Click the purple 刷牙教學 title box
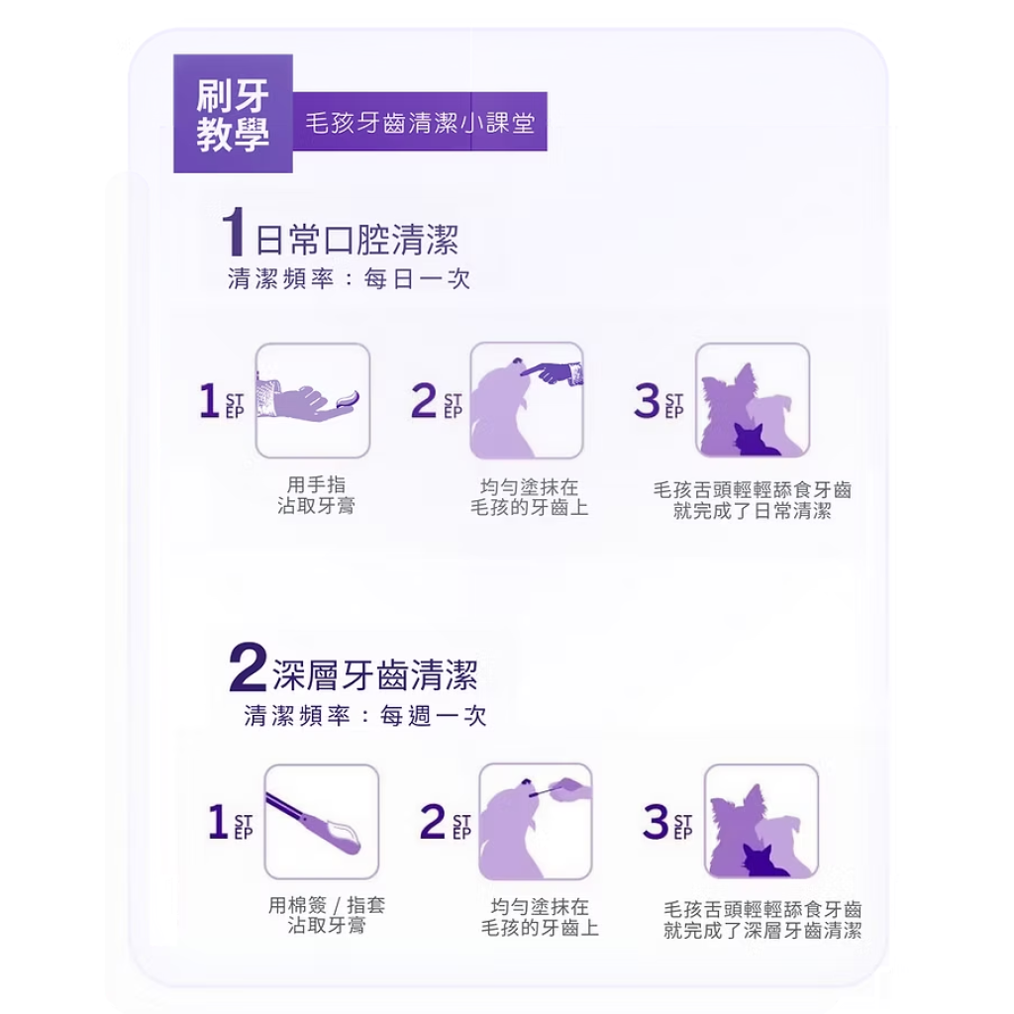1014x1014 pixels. click(x=233, y=114)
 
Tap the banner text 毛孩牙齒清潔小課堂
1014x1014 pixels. click(x=420, y=122)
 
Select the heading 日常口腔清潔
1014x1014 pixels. click(x=356, y=240)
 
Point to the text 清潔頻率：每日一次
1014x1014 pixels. click(x=349, y=279)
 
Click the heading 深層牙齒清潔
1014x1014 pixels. click(x=374, y=674)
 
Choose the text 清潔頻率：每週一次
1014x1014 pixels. click(x=365, y=716)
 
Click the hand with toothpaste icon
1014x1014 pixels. click(x=312, y=400)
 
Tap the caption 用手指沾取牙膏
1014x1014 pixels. click(x=316, y=495)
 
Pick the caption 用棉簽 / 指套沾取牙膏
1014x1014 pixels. click(x=327, y=915)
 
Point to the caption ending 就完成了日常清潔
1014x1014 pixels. click(x=753, y=500)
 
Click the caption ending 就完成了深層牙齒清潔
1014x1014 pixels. click(x=762, y=920)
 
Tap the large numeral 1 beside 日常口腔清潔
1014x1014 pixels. click(x=233, y=232)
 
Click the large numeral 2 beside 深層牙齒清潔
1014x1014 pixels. click(x=249, y=667)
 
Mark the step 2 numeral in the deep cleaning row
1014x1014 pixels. click(x=433, y=821)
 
